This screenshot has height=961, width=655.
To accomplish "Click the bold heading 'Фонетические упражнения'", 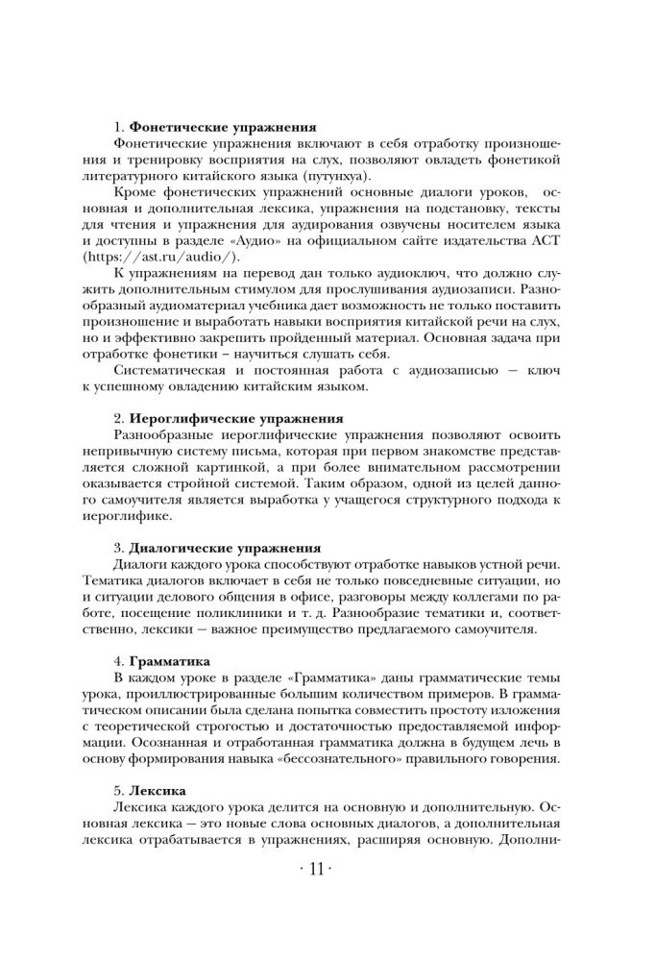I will [223, 128].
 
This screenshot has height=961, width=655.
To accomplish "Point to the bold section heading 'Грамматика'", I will [169, 662].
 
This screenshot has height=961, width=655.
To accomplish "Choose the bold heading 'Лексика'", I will [157, 790].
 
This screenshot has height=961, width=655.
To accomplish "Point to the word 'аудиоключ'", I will [374, 275].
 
